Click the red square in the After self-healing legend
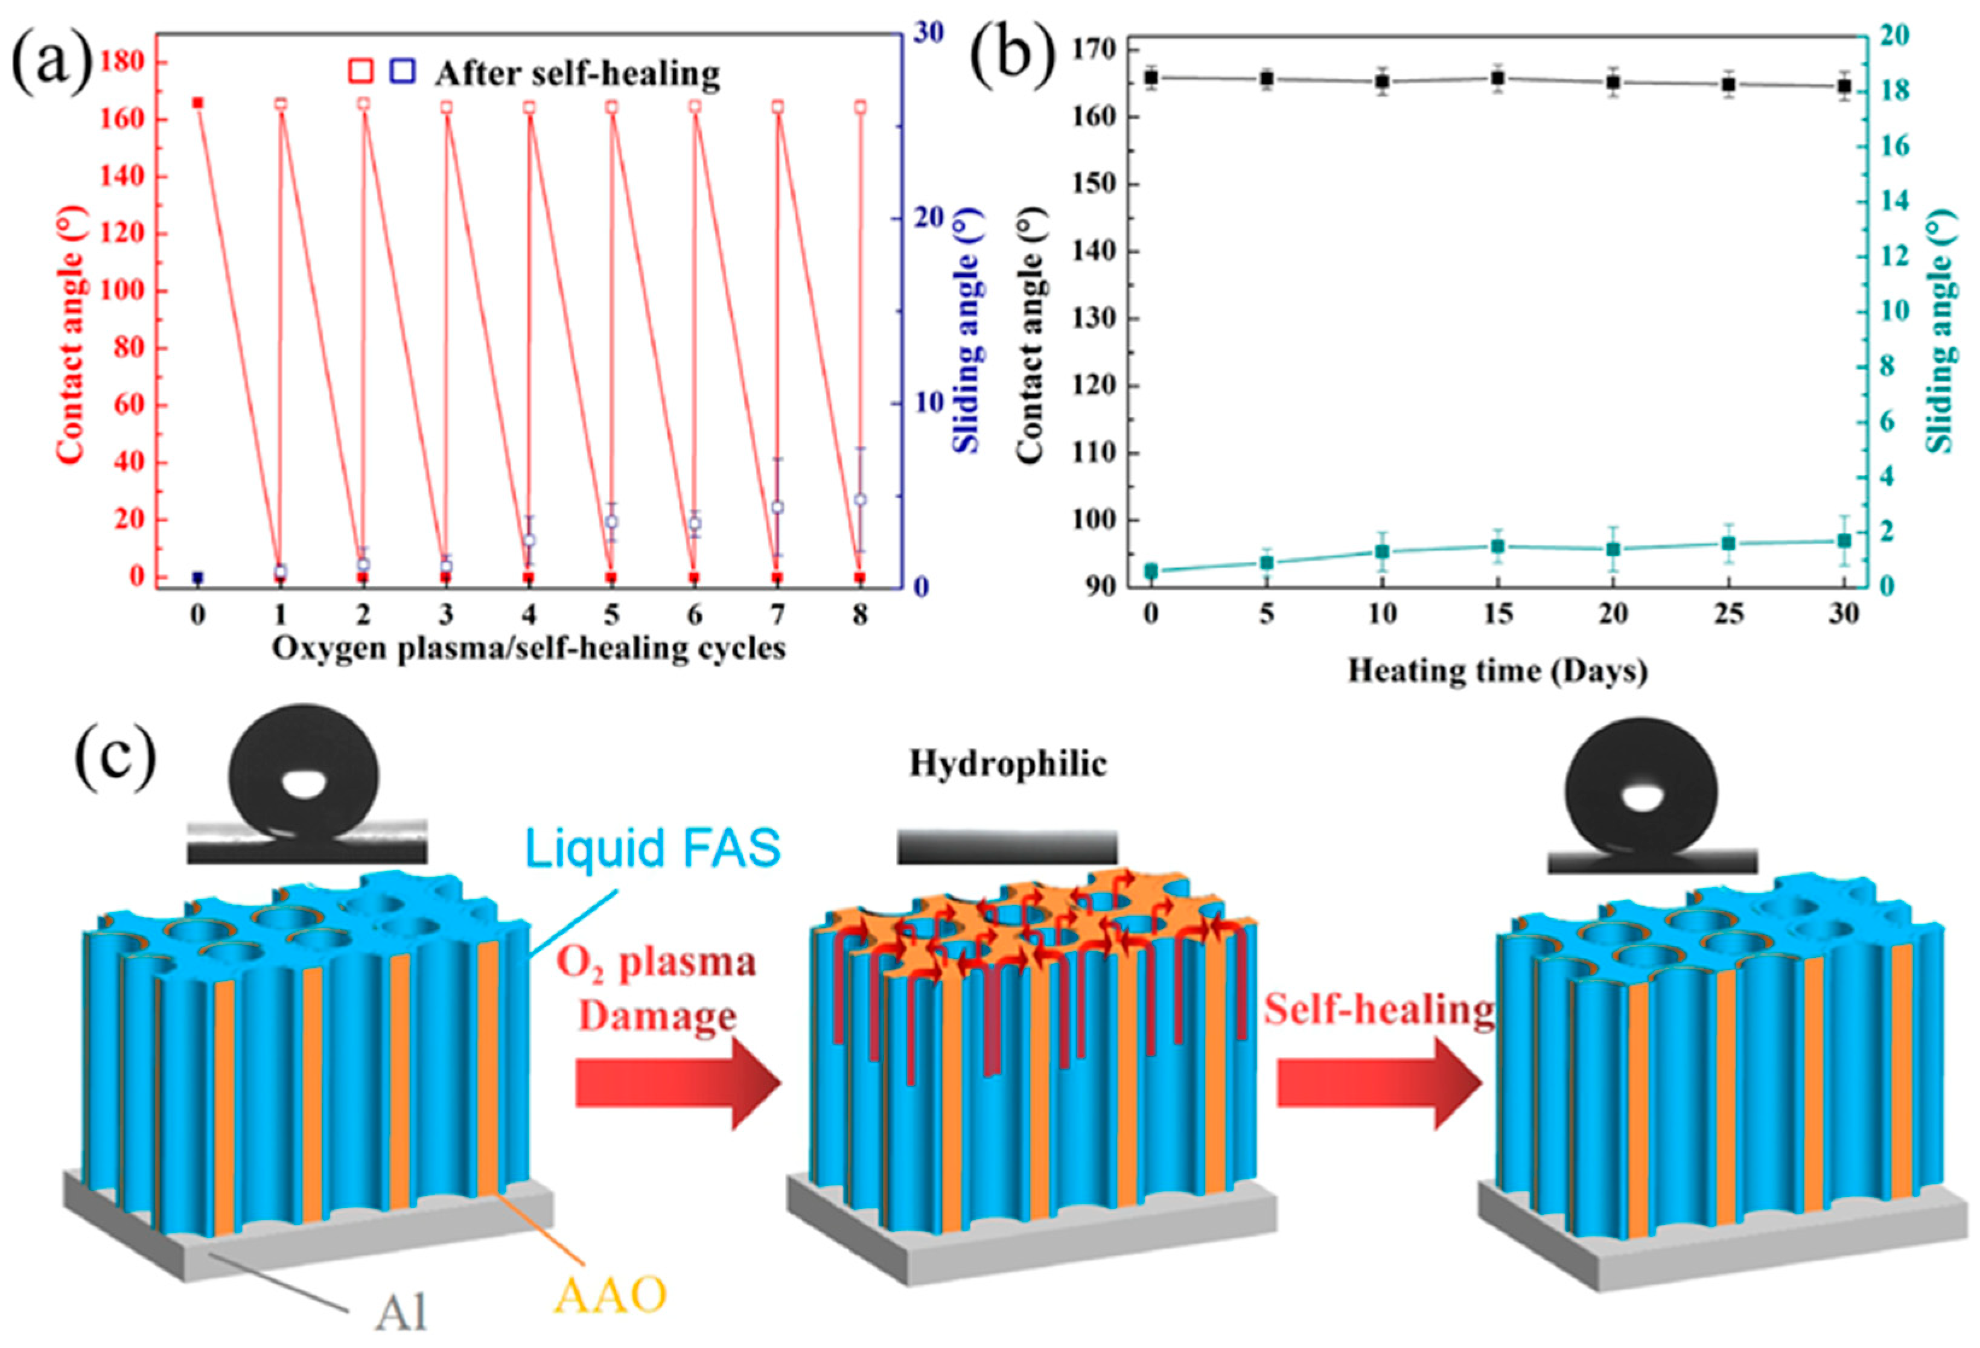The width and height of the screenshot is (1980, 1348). (x=361, y=72)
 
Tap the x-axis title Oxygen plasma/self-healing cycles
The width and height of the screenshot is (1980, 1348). (x=528, y=648)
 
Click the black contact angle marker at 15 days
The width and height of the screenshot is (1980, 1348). (x=1498, y=78)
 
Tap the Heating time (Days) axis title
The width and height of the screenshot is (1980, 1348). (x=1497, y=671)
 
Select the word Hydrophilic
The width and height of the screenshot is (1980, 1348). (x=1008, y=764)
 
